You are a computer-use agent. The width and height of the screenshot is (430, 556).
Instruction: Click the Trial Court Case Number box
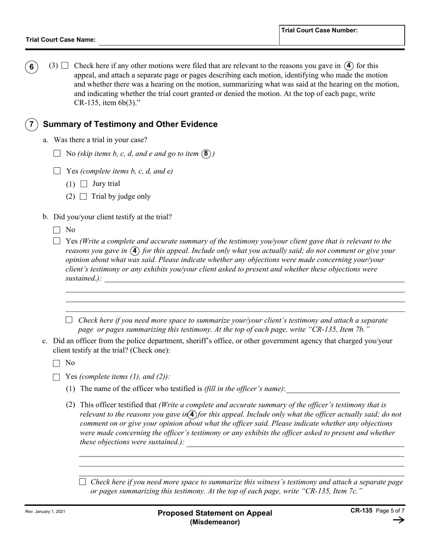click(342, 35)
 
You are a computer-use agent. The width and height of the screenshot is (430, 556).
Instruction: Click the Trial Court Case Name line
click(188, 40)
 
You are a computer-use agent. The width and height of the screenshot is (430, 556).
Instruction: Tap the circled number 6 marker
click(31, 67)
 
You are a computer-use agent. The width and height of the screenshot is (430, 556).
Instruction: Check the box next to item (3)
click(65, 66)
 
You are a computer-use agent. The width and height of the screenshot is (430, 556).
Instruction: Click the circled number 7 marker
click(31, 124)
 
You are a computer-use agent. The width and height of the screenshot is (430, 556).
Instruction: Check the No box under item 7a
click(57, 154)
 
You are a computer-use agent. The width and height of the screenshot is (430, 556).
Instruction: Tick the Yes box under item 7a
click(57, 171)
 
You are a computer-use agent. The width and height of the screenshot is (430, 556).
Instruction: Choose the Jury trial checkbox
click(83, 184)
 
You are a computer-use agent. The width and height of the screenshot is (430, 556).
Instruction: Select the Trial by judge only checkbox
click(83, 197)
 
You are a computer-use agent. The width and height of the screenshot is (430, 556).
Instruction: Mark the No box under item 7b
click(57, 230)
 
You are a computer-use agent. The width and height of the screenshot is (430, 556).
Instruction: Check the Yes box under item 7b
click(57, 241)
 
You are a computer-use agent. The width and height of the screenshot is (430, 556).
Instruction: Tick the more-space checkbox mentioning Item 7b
click(69, 320)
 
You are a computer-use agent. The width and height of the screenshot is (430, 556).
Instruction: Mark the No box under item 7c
click(57, 363)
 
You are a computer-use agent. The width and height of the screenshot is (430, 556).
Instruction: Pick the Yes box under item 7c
click(57, 377)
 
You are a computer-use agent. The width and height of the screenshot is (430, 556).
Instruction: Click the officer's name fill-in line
click(343, 389)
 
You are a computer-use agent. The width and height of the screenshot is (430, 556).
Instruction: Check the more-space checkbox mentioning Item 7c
click(82, 482)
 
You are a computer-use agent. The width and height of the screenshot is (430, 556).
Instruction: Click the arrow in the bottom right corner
click(398, 520)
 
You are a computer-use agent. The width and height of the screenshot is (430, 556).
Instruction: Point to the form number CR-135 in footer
click(361, 510)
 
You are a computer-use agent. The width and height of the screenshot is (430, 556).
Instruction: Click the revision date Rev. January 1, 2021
click(45, 511)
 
